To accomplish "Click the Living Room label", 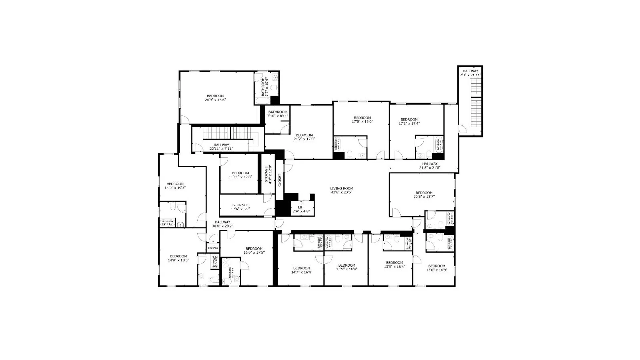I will tap(341, 190).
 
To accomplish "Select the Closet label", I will tap(280, 180).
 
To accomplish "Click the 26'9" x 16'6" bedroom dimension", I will tap(215, 100).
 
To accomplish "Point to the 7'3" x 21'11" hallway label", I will tap(470, 73).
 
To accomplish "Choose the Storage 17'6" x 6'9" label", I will tap(240, 207).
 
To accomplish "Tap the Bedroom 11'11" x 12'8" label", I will tap(240, 175).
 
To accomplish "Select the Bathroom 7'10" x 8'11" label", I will tap(278, 114).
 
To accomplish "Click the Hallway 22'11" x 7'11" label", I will tap(221, 147).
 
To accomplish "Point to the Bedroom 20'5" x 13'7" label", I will tap(424, 195).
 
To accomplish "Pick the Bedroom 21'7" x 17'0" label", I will tap(304, 137).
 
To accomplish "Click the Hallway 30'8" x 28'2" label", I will tap(222, 224).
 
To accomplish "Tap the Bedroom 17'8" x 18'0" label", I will tap(362, 120).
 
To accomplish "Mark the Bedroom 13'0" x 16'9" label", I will tap(436, 268).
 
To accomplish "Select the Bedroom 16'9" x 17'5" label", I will tap(254, 251).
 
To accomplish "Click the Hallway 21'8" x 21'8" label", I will tap(430, 166).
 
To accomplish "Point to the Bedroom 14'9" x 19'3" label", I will tap(175, 186).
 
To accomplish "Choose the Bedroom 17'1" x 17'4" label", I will tap(409, 121).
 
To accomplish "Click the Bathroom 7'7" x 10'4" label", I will tap(264, 87).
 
